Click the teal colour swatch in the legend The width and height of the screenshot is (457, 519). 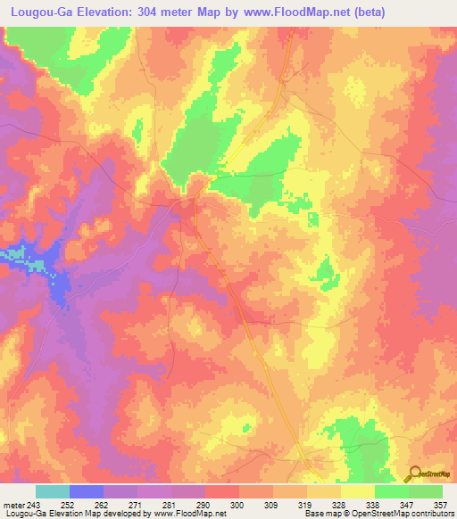[x=53, y=490]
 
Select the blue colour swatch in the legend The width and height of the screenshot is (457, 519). [x=87, y=490]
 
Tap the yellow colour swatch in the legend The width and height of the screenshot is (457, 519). [x=358, y=490]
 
